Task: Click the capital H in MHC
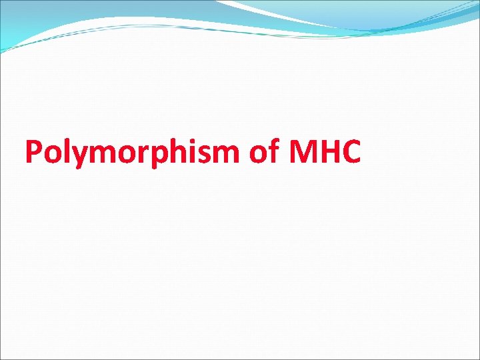coord(331,152)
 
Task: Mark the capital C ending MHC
coord(353,152)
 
